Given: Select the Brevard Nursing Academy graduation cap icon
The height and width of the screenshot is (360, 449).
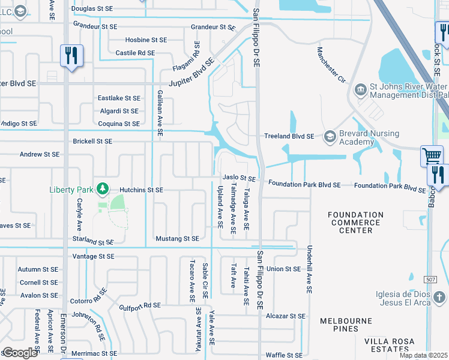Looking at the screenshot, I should point(330,137).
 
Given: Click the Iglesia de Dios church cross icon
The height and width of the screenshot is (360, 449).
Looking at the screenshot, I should point(439,298).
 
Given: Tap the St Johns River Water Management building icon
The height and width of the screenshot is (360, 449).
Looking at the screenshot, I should point(360,90).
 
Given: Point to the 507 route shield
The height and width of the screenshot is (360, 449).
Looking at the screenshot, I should point(430,280).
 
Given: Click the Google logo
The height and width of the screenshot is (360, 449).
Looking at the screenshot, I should point(20,353).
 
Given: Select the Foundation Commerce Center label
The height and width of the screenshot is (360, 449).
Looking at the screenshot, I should point(355,222).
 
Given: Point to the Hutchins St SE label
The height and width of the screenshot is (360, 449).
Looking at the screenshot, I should point(141,190).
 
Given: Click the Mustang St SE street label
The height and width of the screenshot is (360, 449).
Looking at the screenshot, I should point(177,239).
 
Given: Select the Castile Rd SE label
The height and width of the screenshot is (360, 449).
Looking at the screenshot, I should point(135,53).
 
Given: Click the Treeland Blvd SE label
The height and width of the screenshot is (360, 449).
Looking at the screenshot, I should point(289,136).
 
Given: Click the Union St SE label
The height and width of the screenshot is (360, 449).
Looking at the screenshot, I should point(284,269).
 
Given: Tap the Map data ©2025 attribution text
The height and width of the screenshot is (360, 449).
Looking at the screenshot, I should point(423,355).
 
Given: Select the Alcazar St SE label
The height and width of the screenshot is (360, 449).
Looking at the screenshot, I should point(286,316).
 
